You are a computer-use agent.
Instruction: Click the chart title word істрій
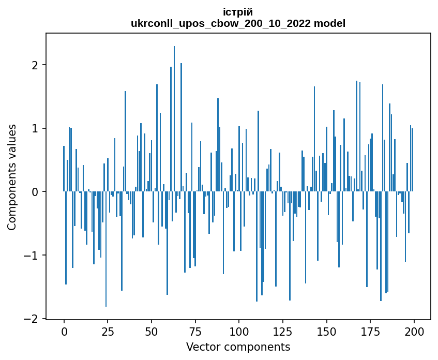[x=238, y=12]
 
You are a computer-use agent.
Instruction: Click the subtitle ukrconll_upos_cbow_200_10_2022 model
[x=238, y=23]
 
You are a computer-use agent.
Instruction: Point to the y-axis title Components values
[x=12, y=177]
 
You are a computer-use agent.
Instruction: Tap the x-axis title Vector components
[x=238, y=347]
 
